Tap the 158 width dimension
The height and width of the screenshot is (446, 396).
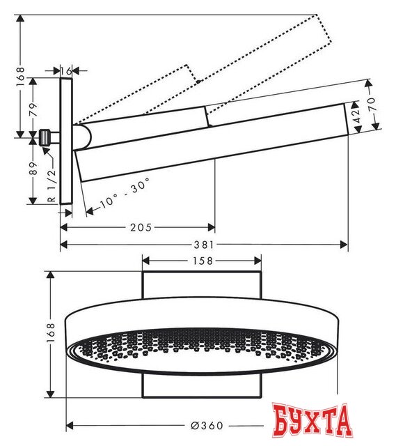pos(202,261)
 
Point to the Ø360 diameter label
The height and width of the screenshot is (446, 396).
pos(207,425)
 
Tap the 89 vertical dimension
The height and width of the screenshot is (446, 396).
pos(32,169)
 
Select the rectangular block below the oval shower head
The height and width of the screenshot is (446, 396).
pos(202,385)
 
